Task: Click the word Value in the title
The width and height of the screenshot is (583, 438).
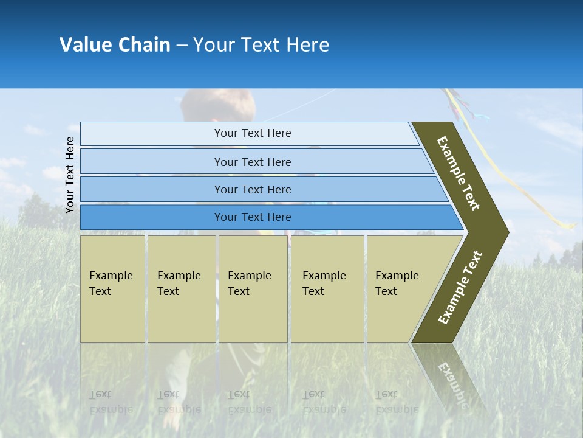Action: pos(85,45)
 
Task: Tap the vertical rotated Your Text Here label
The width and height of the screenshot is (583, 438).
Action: pos(70,175)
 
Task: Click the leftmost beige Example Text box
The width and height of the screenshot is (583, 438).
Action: pos(112,289)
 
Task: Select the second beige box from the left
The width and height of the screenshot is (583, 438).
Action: pos(182,289)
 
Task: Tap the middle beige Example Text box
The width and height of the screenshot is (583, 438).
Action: pos(253,289)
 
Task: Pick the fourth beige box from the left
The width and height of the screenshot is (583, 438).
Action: pos(327,289)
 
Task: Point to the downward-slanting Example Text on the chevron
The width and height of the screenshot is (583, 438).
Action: pos(459,173)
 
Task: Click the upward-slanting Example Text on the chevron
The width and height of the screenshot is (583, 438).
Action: pos(460,288)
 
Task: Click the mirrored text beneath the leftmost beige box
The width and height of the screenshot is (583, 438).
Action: pos(111,401)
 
